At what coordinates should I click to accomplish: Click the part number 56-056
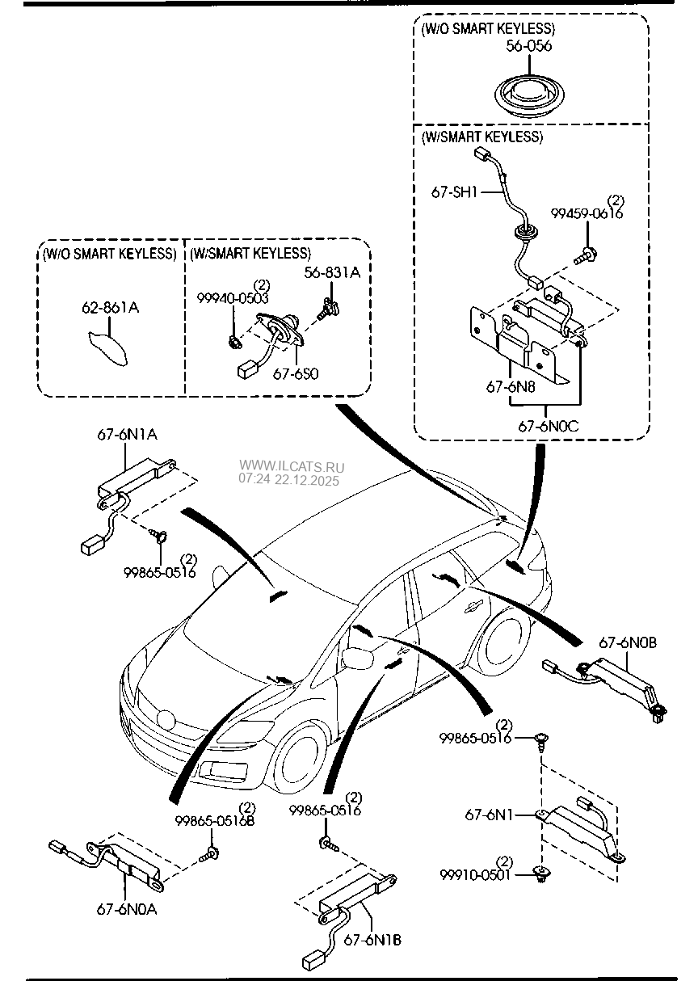coord(528,46)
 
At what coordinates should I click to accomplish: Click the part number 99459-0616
coord(587,213)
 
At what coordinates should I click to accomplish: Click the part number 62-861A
coord(110,308)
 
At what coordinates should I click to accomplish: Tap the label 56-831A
coord(332,273)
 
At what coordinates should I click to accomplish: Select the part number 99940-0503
coord(233,298)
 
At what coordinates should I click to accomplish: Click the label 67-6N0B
coord(628,644)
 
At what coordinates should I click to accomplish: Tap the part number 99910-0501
coord(477,874)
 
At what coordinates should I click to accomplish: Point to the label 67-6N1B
coord(372,940)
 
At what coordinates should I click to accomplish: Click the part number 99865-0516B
coord(215,821)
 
